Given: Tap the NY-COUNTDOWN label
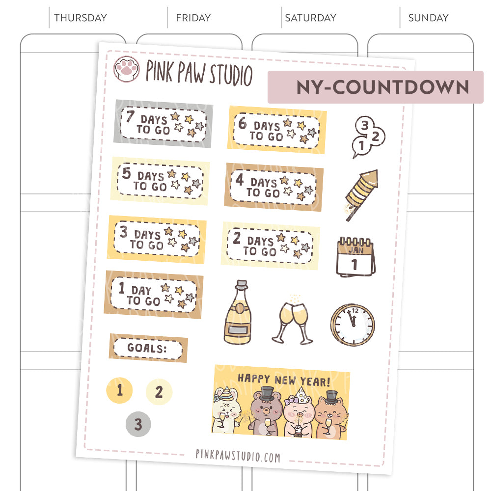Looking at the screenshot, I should (x=382, y=87).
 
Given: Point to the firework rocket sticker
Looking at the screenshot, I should (x=362, y=193).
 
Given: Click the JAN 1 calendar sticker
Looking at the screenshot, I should (x=355, y=256).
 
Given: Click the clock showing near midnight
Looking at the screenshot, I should (x=352, y=325).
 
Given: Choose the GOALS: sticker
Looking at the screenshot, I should (x=148, y=349).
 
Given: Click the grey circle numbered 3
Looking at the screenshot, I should (x=138, y=424).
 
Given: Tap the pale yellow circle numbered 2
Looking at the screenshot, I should (x=159, y=392).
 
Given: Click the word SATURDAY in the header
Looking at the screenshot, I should (x=311, y=18).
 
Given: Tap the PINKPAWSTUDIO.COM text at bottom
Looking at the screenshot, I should (x=238, y=457).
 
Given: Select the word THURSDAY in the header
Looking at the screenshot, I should (x=81, y=18).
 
